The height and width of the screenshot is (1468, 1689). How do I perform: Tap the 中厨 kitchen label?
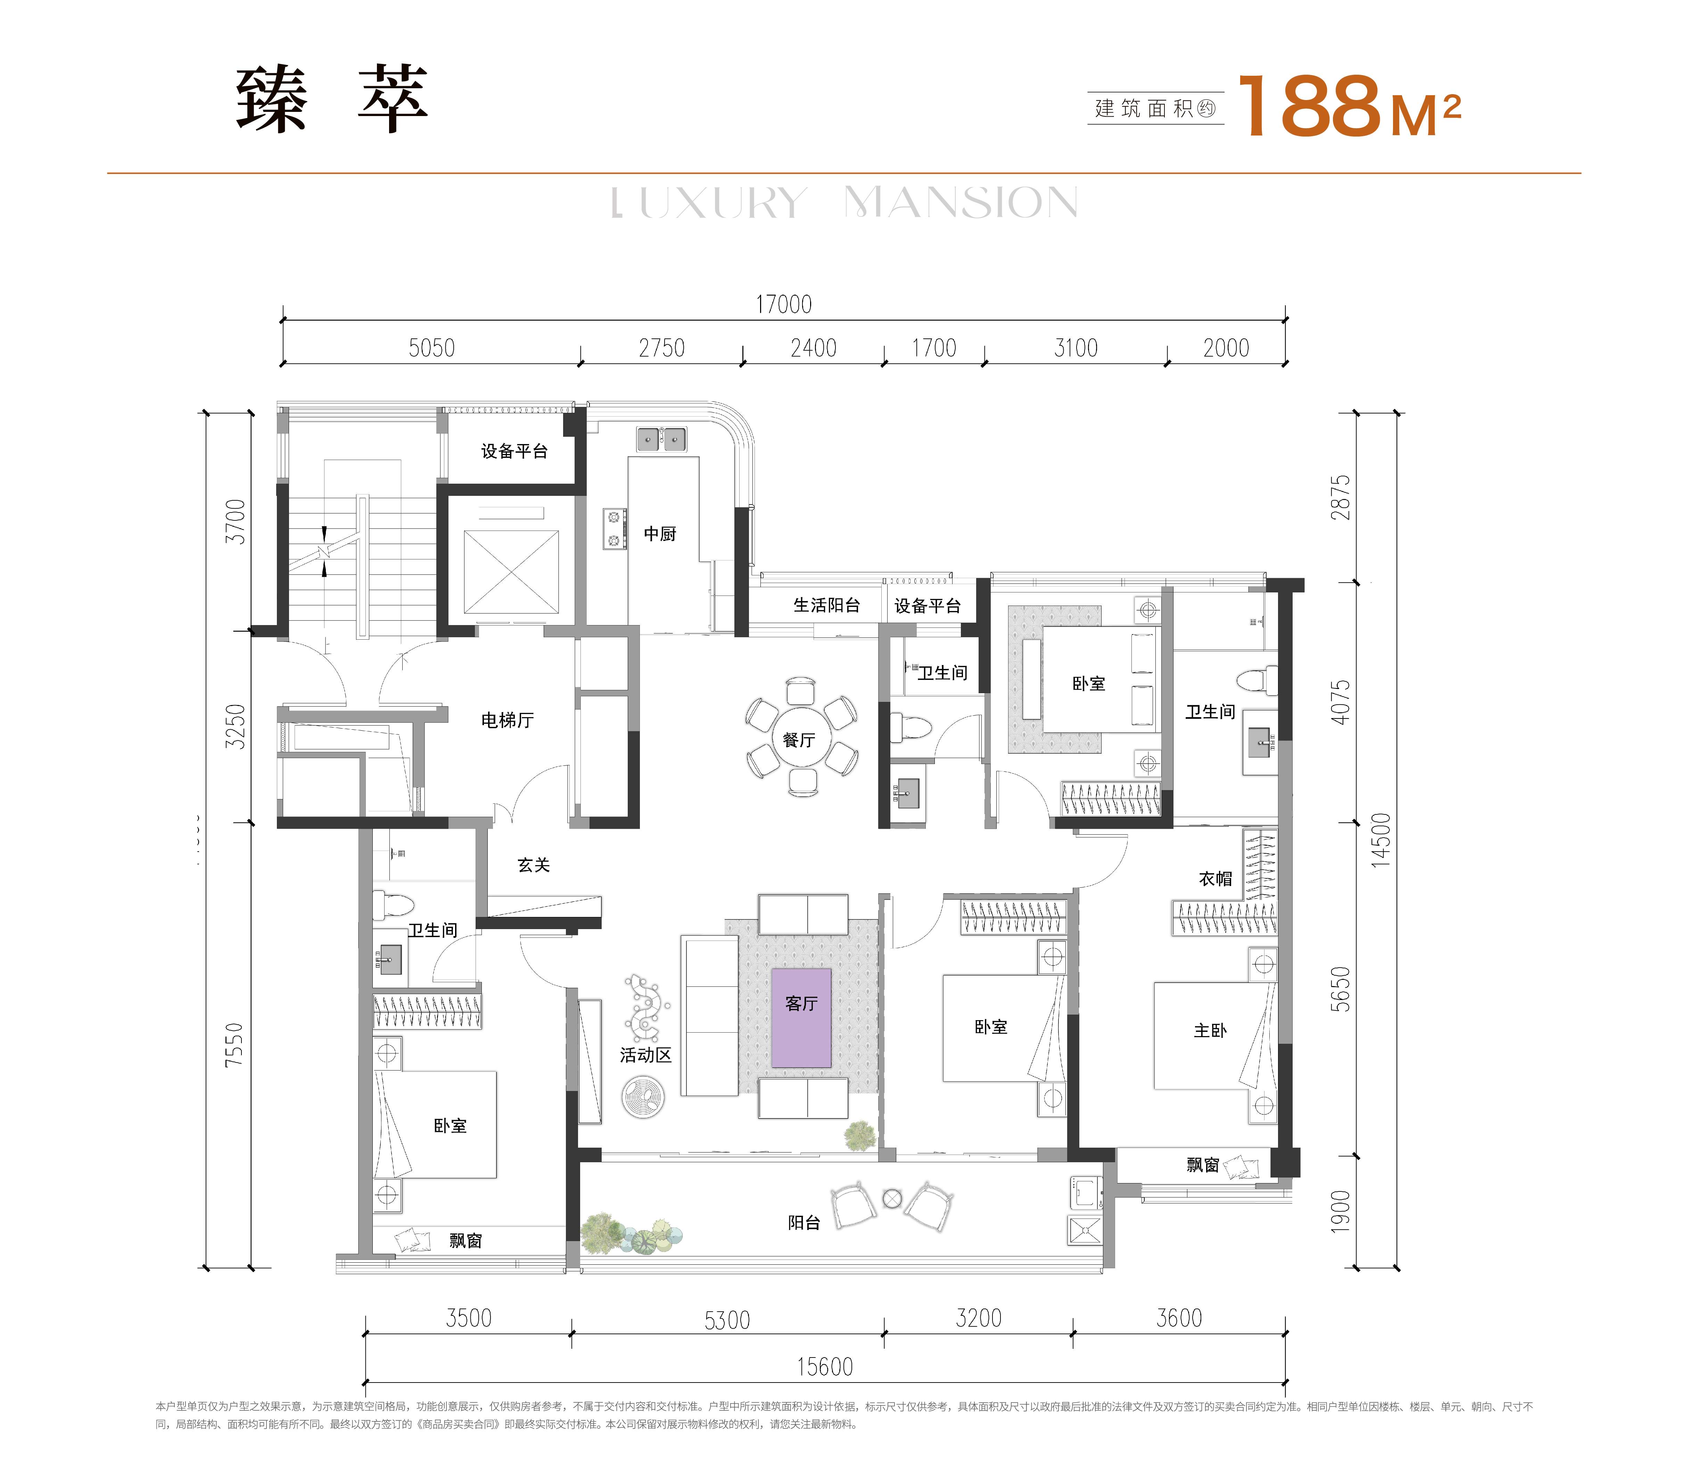tap(659, 534)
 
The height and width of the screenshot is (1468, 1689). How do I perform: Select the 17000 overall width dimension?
tap(783, 305)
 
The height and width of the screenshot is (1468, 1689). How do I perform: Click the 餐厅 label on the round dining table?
tap(799, 740)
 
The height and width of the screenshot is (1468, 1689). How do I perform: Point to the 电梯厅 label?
tap(507, 720)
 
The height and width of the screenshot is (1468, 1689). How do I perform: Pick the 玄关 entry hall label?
tap(533, 865)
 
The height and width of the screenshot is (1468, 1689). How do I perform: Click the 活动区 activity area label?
tap(645, 1055)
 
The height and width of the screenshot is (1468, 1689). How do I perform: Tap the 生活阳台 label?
tap(826, 605)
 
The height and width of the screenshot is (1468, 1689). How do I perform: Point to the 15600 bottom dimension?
tap(825, 1367)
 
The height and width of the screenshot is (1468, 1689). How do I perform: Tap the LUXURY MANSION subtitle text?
tap(844, 203)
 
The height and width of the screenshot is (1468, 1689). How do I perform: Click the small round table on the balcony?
tap(892, 1199)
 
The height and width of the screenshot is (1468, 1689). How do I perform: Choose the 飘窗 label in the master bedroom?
tap(1202, 1165)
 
